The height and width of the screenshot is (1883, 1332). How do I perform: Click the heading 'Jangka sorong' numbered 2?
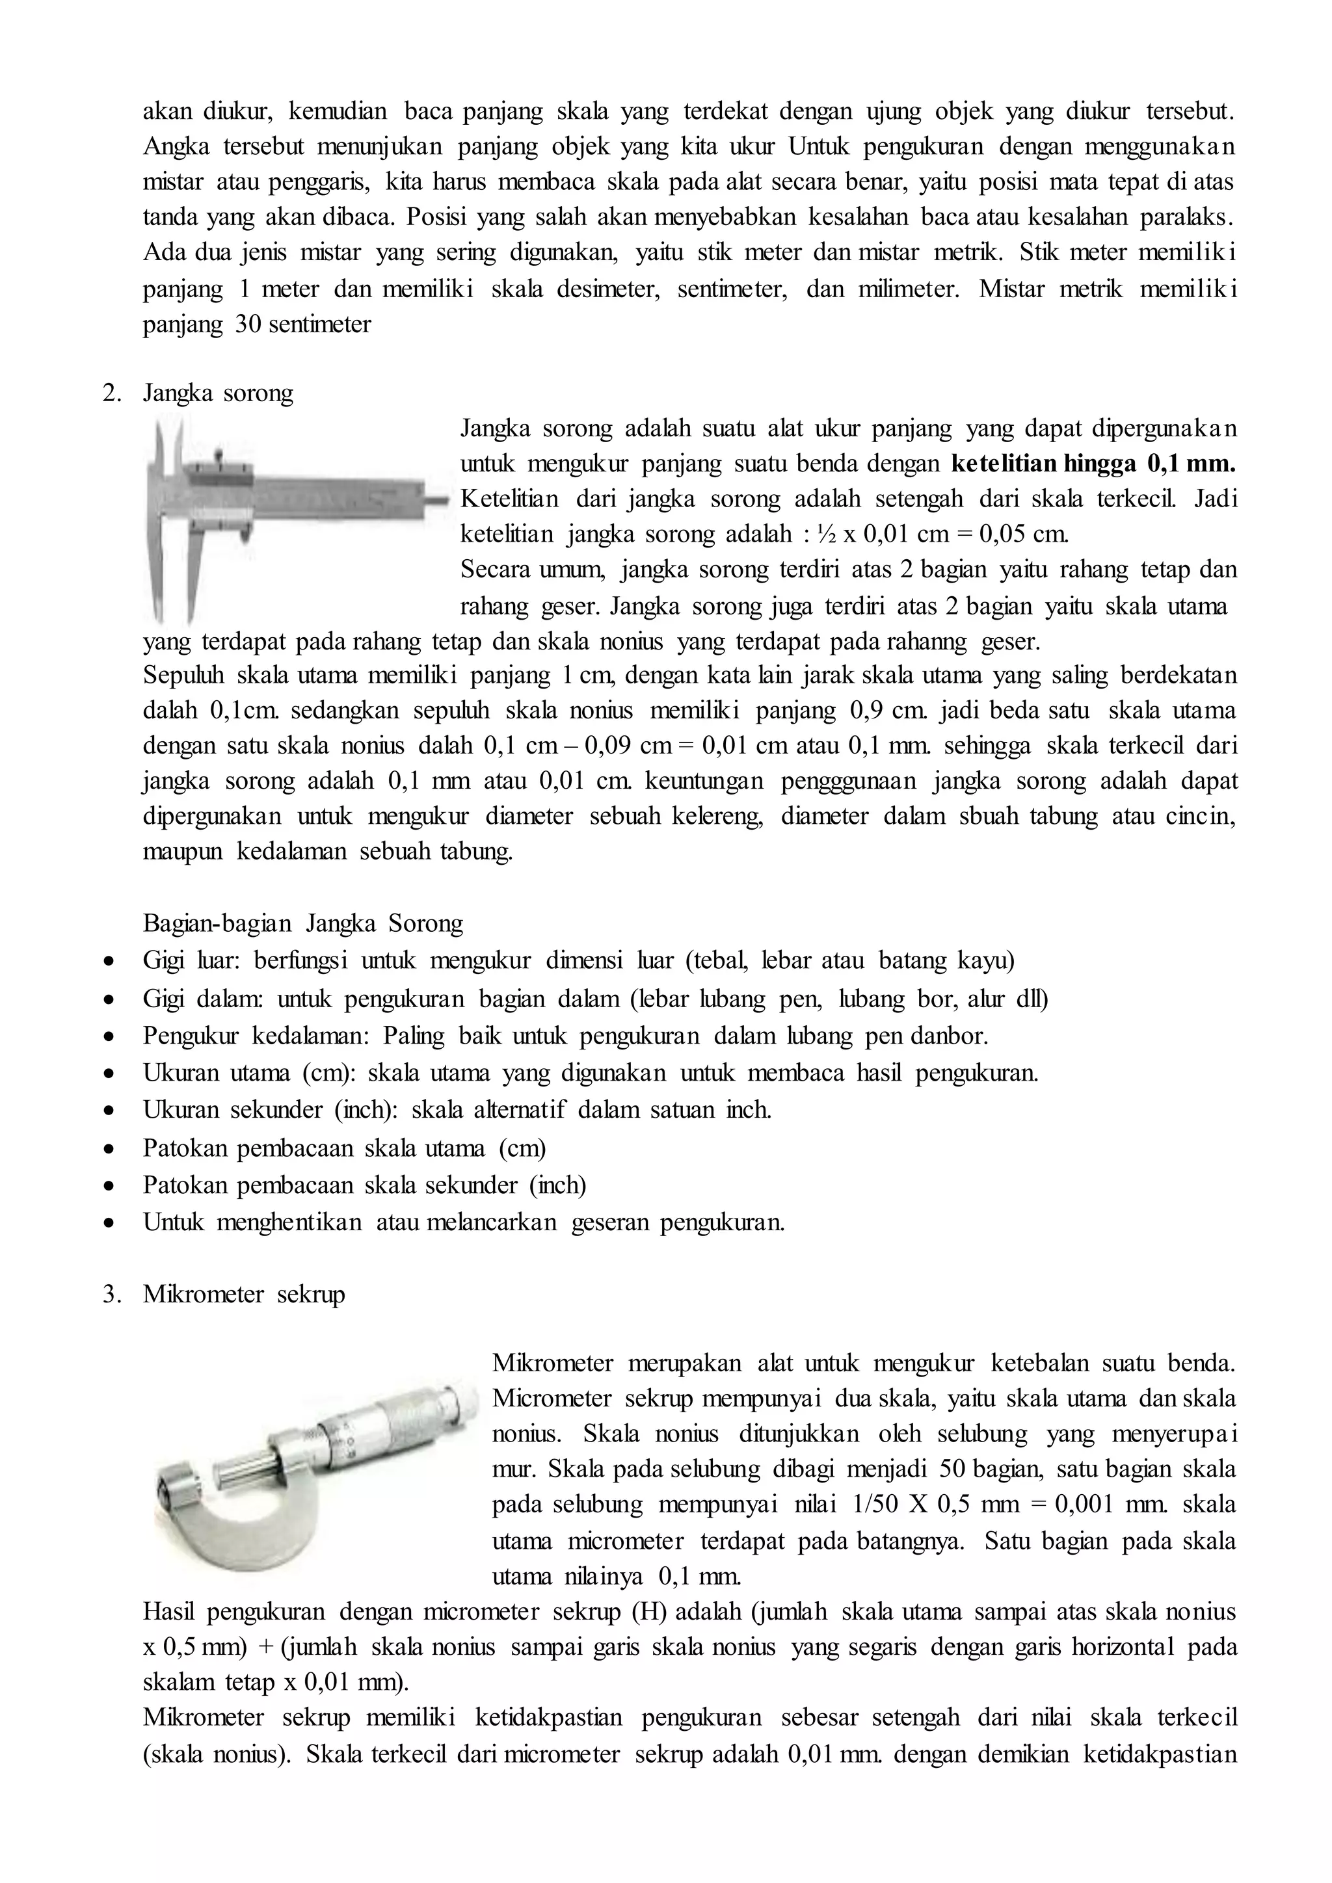(217, 393)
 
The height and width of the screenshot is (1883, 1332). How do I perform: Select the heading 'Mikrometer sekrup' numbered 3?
(244, 1294)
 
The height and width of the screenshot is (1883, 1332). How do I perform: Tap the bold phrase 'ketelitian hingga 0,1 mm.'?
(1093, 464)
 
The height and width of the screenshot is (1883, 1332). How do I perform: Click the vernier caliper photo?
(295, 517)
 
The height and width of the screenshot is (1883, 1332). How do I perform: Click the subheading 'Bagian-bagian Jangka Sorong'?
(302, 923)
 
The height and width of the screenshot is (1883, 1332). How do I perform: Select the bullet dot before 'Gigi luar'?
(108, 961)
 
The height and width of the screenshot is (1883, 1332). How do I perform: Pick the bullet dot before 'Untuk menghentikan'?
(108, 1223)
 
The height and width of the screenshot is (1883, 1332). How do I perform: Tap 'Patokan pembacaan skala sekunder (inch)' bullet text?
(364, 1185)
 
